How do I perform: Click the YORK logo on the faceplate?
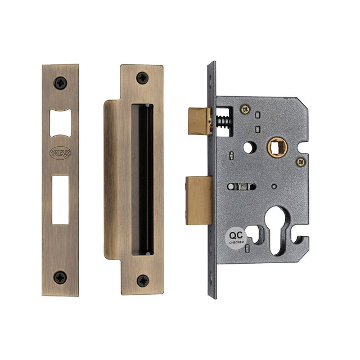tap(60, 152)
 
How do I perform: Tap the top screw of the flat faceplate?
tap(60, 83)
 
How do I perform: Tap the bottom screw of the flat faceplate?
tap(60, 276)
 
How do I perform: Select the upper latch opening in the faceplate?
tap(60, 123)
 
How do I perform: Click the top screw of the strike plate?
tap(142, 78)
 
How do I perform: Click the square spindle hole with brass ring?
tap(276, 148)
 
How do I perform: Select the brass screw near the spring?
tap(244, 109)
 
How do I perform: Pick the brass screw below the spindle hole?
tap(300, 162)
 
